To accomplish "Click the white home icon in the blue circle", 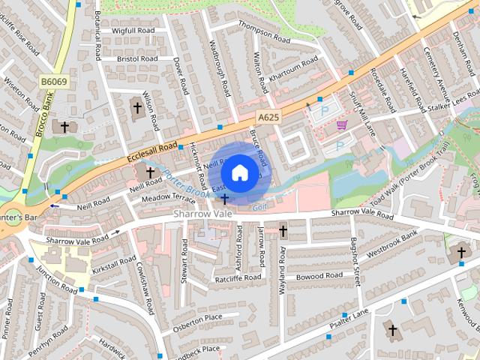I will point(238,172).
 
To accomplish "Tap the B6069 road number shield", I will point(54,80).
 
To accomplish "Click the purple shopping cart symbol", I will point(342,125).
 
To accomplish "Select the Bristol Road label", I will point(137,58).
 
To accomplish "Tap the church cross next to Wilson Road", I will point(137,108).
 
